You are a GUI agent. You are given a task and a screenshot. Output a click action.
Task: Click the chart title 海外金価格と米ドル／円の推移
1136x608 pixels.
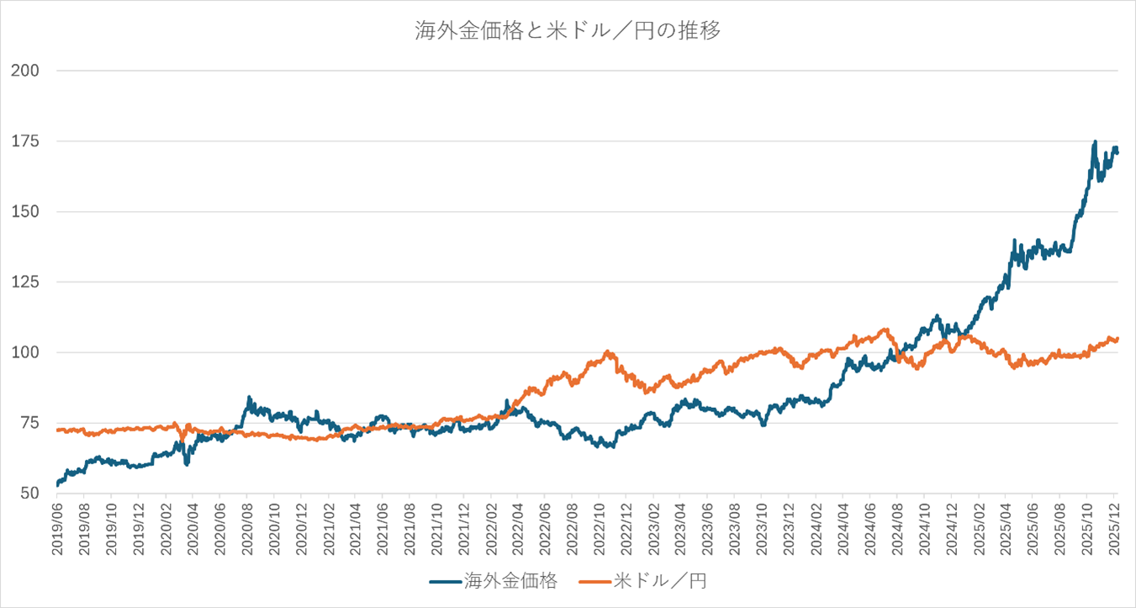568,31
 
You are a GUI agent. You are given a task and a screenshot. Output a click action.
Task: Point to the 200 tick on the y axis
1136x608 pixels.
26,71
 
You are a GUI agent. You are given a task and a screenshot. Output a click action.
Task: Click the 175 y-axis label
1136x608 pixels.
26,141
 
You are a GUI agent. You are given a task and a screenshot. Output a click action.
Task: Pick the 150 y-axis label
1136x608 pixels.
26,212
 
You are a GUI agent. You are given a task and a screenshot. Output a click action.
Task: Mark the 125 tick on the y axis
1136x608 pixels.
26,283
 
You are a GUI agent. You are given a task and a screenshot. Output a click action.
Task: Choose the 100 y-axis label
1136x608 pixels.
26,352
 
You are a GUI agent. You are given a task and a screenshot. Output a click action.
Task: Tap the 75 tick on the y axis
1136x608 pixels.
30,423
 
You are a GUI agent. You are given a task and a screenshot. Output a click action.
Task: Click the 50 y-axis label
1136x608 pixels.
30,494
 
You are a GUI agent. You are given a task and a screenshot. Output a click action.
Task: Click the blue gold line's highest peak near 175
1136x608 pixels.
1094,142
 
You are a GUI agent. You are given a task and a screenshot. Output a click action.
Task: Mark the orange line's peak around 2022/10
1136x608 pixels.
607,352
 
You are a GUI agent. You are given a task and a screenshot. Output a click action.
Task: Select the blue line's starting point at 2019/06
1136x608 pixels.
57,485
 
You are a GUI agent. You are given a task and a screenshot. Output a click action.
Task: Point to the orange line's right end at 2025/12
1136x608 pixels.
1118,339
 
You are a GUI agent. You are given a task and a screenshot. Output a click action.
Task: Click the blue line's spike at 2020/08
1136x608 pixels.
249,398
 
